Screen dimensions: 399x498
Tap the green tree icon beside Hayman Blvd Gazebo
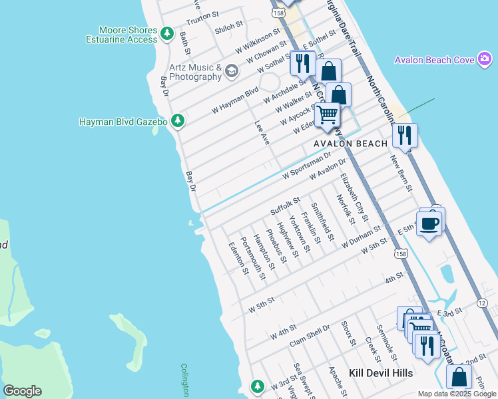click(x=177, y=121)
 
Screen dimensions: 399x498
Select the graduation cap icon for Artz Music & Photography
click(x=232, y=71)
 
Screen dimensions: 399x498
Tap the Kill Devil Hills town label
click(x=380, y=372)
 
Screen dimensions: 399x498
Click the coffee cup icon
click(x=429, y=223)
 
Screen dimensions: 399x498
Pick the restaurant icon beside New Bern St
click(x=405, y=135)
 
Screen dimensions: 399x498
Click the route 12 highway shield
click(x=481, y=303)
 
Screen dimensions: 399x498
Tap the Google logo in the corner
click(x=22, y=390)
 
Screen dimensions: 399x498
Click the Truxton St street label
click(x=203, y=15)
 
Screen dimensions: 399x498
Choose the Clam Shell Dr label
click(x=310, y=336)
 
